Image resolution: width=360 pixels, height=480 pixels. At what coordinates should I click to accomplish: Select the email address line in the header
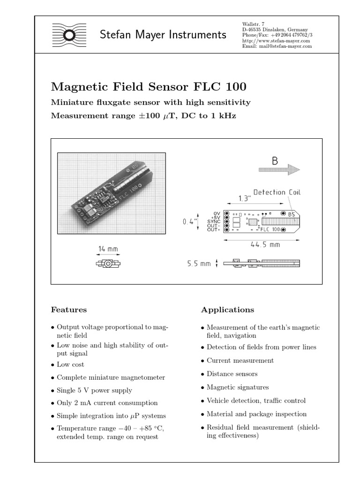point(277,46)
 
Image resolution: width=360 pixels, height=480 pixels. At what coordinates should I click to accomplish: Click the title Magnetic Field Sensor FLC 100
point(149,87)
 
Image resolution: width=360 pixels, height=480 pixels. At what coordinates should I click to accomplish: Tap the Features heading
point(68,310)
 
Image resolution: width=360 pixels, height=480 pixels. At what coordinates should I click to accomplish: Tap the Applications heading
point(227,310)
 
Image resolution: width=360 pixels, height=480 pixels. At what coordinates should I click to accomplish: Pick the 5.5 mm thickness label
point(199,264)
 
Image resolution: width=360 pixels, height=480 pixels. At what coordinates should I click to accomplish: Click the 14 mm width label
point(108,249)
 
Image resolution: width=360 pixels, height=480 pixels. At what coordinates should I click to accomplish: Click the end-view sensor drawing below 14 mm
point(108,264)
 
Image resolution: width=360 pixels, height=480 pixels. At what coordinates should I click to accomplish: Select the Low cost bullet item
point(70,364)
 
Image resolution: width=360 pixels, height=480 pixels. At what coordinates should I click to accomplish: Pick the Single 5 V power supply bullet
point(94,390)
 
